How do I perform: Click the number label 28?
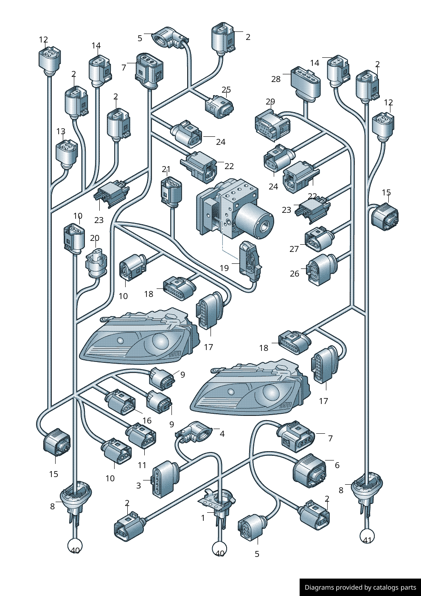coord(276,79)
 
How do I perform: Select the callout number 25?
coord(226,89)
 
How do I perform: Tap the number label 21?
coord(166,169)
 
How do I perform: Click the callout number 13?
coord(61,131)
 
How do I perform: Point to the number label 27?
coord(294,249)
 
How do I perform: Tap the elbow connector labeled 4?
coord(194,431)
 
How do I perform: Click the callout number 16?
coord(147,421)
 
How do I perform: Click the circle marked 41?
coord(367,536)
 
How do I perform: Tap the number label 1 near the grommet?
coord(203,518)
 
